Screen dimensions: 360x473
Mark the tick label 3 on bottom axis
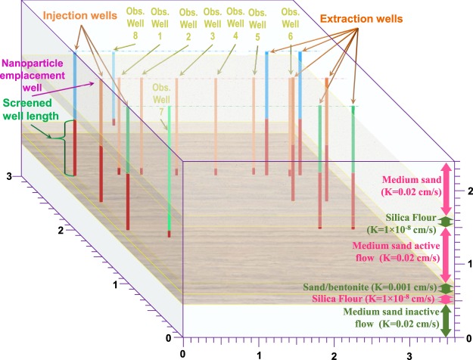pyautogui.click(x=409, y=352)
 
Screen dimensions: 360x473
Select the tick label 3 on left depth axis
pyautogui.click(x=8, y=175)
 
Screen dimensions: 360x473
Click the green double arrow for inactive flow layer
pyautogui.click(x=446, y=318)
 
